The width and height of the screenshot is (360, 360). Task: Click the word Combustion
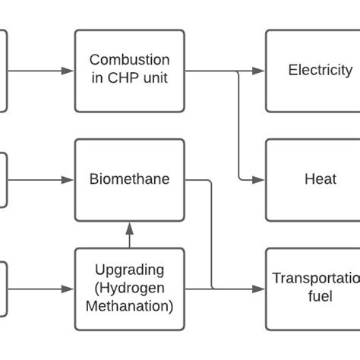click(129, 60)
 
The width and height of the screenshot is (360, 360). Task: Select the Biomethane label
click(129, 180)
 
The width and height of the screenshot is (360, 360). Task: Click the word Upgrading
click(129, 270)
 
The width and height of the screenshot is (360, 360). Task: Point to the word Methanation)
click(129, 306)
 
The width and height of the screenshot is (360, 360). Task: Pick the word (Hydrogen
click(129, 288)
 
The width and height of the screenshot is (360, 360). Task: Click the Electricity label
click(320, 71)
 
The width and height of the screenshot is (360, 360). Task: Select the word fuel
click(320, 297)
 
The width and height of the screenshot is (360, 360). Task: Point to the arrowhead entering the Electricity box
click(259, 71)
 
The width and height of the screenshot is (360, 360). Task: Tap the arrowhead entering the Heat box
click(259, 180)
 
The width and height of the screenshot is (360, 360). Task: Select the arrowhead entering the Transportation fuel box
click(259, 289)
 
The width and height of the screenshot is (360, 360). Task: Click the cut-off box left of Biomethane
click(3, 180)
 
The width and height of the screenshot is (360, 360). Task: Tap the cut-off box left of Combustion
click(3, 71)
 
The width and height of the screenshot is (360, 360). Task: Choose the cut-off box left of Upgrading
click(3, 289)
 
